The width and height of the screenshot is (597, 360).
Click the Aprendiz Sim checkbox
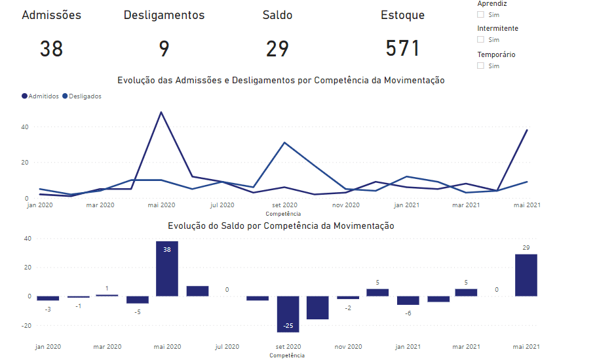click(481, 14)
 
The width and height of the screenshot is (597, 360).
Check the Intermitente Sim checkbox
click(481, 40)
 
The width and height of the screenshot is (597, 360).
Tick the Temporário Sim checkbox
click(481, 66)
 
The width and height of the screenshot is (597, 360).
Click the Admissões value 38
click(51, 49)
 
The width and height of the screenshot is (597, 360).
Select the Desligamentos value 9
click(164, 49)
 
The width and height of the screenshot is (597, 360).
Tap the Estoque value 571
click(402, 49)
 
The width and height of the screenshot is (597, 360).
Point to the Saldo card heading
click(277, 15)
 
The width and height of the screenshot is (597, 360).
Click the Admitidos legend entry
click(41, 96)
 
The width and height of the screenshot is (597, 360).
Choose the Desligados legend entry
click(82, 96)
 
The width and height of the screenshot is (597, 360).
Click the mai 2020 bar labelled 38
click(167, 269)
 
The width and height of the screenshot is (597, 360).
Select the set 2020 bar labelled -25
click(288, 314)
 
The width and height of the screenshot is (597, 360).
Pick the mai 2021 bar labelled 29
click(526, 275)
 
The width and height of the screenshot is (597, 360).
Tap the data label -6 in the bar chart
click(408, 313)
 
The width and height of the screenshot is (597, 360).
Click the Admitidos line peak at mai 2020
click(161, 112)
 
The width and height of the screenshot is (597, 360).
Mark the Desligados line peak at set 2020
click(284, 142)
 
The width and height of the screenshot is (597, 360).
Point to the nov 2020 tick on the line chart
click(346, 205)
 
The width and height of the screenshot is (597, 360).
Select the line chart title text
click(281, 81)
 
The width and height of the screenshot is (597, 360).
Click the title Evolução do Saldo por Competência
click(281, 226)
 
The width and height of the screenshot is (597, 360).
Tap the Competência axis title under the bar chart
click(287, 355)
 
